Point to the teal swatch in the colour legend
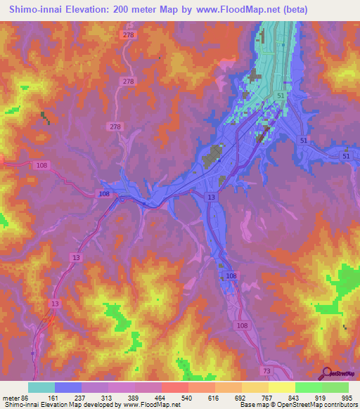pos(41,387)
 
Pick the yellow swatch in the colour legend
pos(282,387)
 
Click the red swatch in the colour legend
pos(175,387)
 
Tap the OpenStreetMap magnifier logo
pos(326,373)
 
